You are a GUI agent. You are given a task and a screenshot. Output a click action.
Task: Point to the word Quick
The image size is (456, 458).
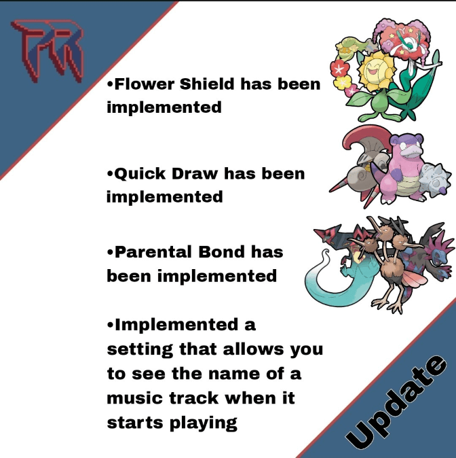(140, 174)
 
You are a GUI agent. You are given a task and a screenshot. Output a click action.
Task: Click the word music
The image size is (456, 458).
(133, 398)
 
